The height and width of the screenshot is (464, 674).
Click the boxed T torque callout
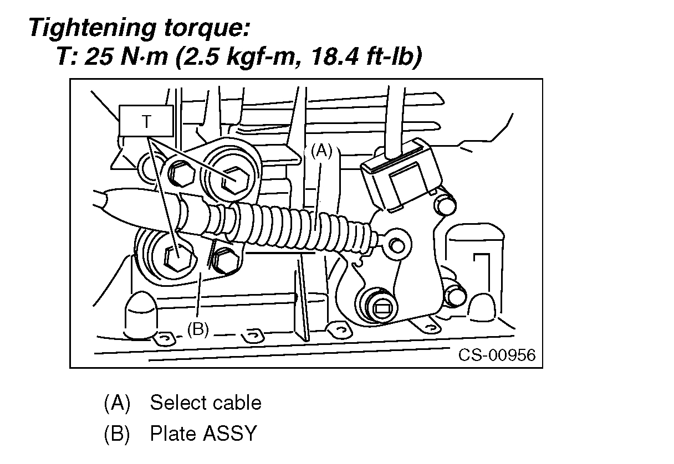point(146,121)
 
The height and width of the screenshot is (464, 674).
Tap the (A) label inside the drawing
point(320,151)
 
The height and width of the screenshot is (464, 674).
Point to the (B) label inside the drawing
point(197,329)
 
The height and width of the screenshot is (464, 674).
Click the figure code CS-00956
point(497,354)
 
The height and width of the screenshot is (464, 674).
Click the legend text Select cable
point(205,403)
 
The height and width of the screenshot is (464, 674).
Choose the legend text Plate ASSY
point(203,434)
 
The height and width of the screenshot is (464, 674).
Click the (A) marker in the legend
point(116,403)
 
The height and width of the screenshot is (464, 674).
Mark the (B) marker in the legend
point(116,434)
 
